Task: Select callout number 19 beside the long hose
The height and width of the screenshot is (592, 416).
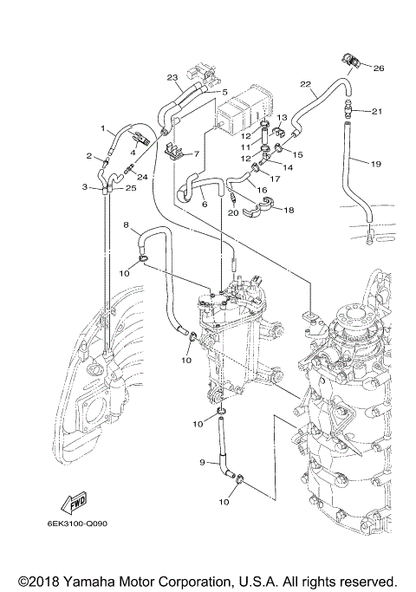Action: coord(376,163)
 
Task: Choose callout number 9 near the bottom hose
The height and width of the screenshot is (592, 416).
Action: coord(202,463)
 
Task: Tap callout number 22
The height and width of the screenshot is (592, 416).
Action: coord(305,84)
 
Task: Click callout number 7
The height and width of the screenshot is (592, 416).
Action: coord(197,153)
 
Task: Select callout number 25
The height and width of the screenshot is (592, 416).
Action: coord(131,187)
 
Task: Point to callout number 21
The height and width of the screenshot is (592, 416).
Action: coord(377,111)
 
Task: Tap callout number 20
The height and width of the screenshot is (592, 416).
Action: coord(231,211)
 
